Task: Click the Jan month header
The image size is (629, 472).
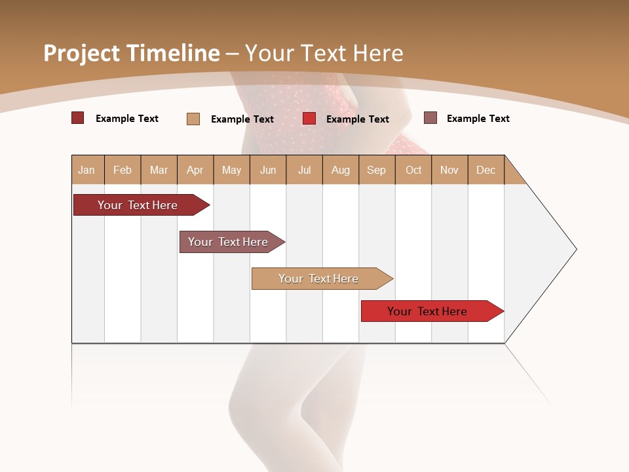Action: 87,170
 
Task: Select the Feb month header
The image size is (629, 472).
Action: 123,170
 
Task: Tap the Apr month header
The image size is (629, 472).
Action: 195,170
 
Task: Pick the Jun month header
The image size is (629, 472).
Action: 268,170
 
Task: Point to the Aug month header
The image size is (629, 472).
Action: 341,170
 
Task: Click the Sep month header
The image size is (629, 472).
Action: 377,170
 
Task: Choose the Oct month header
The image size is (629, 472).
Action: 413,170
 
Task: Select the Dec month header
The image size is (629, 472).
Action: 486,170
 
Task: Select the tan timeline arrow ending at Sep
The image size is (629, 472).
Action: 319,279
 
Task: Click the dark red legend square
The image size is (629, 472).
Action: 78,118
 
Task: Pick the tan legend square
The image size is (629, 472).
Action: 193,119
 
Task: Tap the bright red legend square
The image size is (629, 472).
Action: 309,119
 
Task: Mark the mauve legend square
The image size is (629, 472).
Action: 430,118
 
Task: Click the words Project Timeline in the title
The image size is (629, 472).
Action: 131,53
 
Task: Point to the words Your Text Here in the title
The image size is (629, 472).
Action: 324,53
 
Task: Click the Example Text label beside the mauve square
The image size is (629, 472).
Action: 478,119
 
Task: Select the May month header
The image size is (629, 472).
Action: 231,170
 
